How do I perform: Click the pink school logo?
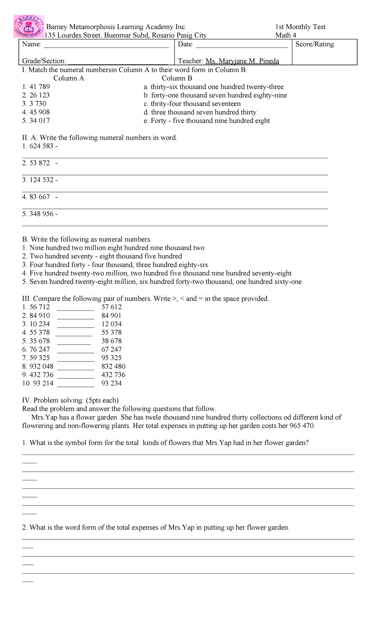(29, 26)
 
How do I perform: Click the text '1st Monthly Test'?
(300, 27)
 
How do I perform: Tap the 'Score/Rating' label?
(314, 44)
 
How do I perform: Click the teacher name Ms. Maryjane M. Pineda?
(242, 61)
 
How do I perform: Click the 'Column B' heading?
(177, 78)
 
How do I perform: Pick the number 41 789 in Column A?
(39, 87)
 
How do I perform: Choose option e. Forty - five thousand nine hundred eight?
(206, 121)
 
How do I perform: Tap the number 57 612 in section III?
(111, 307)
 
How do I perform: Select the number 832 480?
(113, 366)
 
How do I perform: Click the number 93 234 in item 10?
(111, 383)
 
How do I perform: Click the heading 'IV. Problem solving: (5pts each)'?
(70, 400)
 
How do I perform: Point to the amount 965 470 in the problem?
(302, 426)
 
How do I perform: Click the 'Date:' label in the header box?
(185, 44)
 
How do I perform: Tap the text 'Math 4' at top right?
(285, 35)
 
